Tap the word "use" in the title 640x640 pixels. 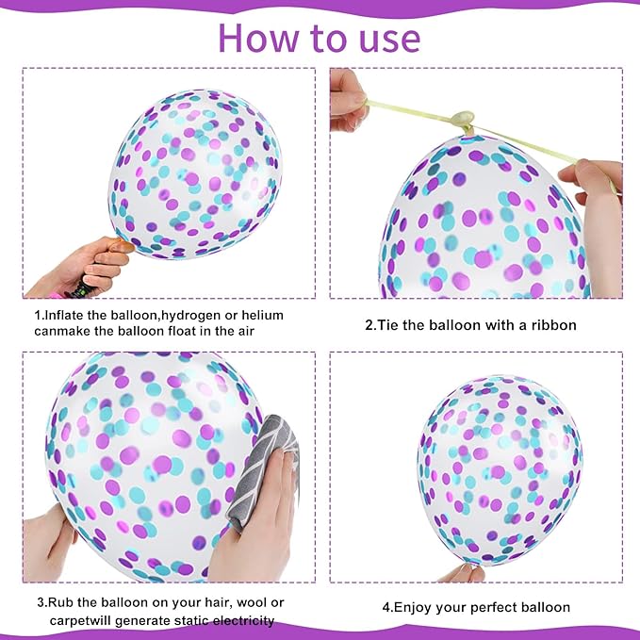[x=384, y=38]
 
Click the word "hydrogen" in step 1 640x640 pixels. [x=181, y=315]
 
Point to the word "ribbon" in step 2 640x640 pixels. [x=553, y=325]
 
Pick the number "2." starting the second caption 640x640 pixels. [x=370, y=325]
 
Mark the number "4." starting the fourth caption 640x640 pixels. [x=387, y=607]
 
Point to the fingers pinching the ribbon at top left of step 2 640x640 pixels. [x=347, y=99]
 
